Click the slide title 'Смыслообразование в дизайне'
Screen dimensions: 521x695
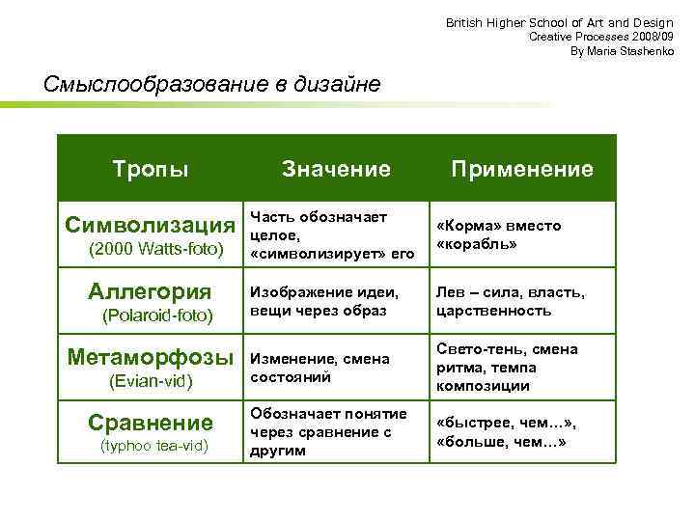[212, 84]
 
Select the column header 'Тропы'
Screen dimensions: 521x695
[151, 169]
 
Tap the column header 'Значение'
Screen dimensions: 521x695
[336, 169]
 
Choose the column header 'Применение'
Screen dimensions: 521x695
[522, 169]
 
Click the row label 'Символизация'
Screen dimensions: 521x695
[150, 226]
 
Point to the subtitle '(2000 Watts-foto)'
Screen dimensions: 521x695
[155, 251]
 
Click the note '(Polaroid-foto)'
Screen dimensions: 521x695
[156, 315]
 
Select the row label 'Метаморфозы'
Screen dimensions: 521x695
[151, 357]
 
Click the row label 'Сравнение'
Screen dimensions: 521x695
[150, 423]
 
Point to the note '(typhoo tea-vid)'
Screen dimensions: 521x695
[154, 445]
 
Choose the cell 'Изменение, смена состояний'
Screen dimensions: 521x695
[320, 367]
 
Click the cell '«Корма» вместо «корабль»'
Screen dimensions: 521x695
[498, 234]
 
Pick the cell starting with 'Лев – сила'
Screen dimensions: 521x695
[510, 301]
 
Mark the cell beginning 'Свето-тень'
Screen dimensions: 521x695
[507, 367]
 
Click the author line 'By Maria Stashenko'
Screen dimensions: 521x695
[622, 50]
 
